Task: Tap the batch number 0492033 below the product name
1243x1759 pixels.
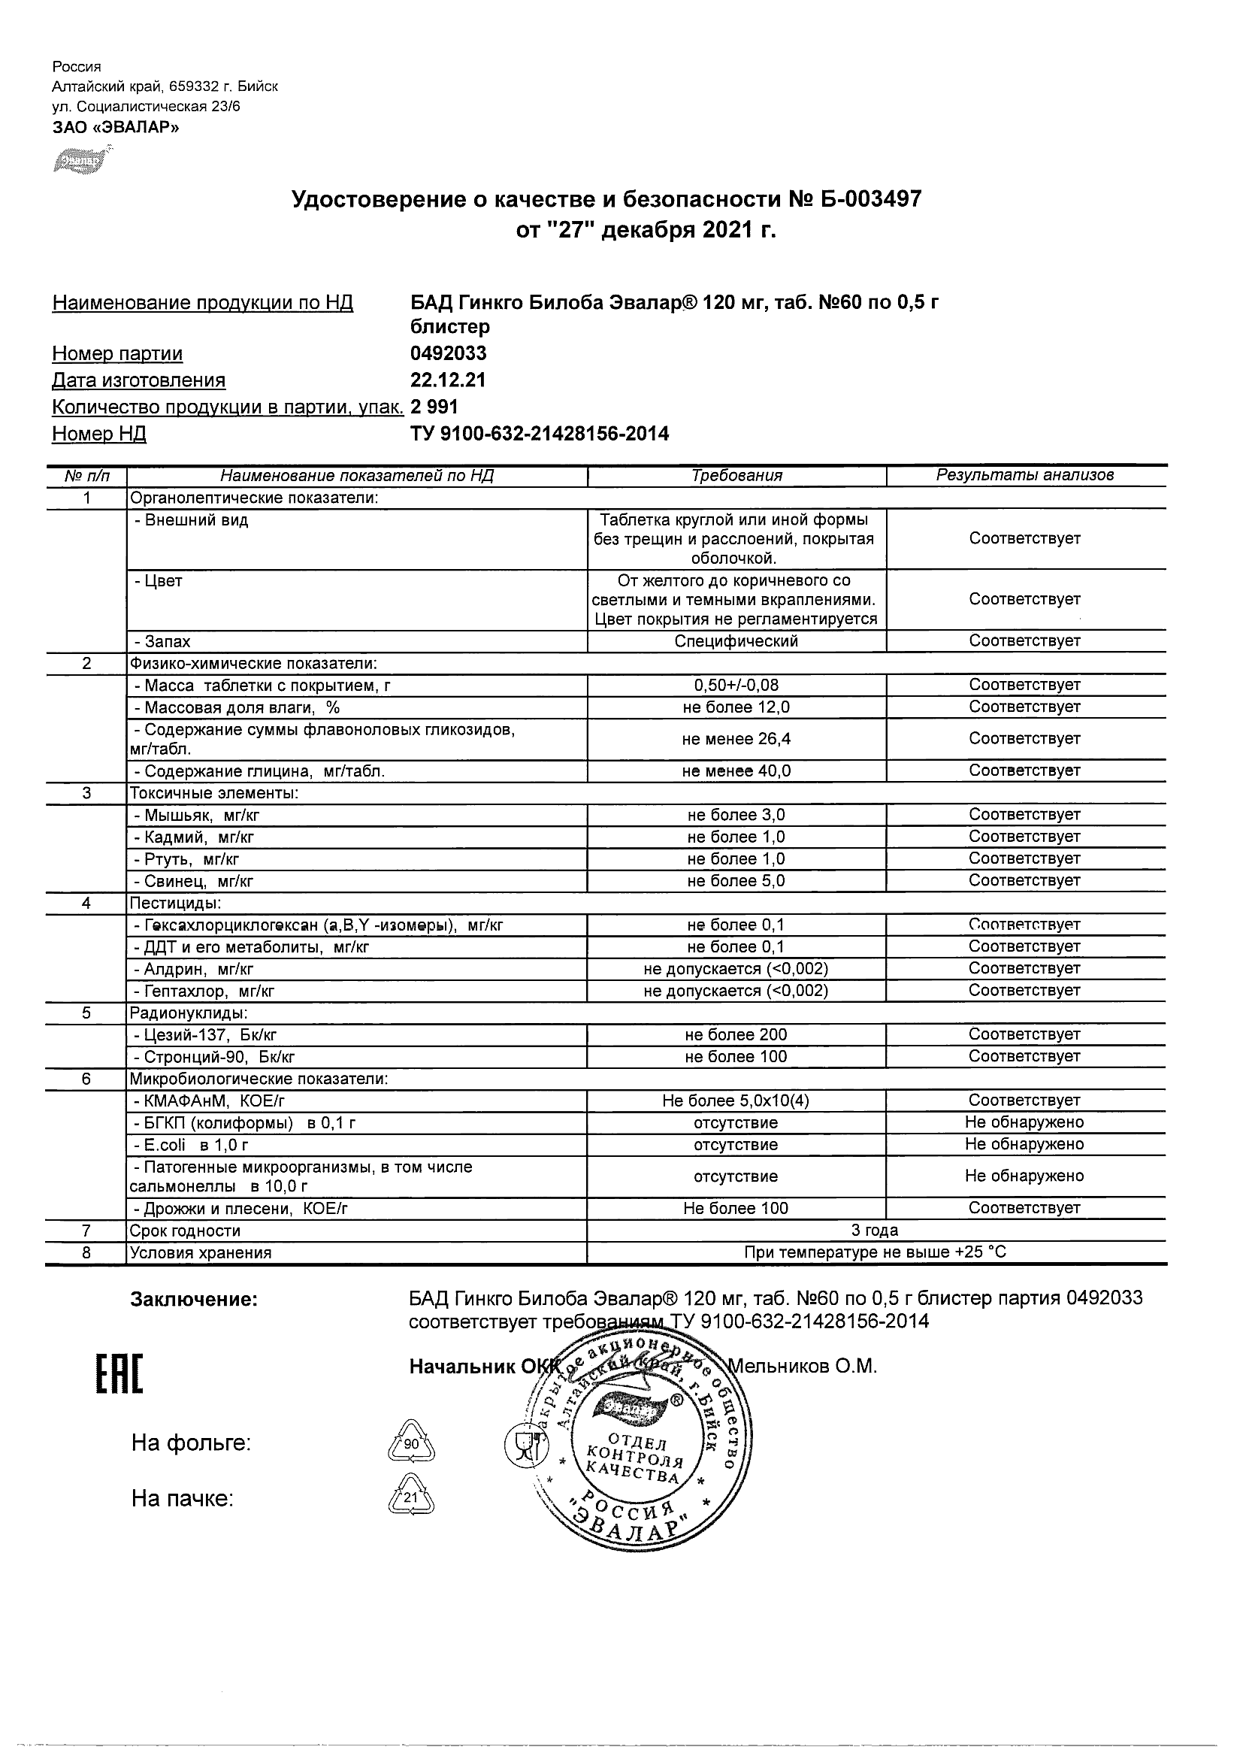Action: pyautogui.click(x=448, y=353)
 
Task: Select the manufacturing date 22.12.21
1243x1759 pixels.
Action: pyautogui.click(x=448, y=380)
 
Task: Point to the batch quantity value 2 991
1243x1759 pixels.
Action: pyautogui.click(x=434, y=407)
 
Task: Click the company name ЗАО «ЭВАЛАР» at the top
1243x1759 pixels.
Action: pyautogui.click(x=116, y=127)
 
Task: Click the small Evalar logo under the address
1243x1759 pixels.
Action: pyautogui.click(x=79, y=162)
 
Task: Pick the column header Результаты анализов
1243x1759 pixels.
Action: pyautogui.click(x=1025, y=475)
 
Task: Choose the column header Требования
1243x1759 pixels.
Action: pyautogui.click(x=736, y=476)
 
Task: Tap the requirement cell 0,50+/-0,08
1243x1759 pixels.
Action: pyautogui.click(x=736, y=685)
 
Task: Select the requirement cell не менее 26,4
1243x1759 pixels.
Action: pyautogui.click(x=736, y=738)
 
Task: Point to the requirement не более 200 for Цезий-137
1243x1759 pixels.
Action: pyautogui.click(x=736, y=1035)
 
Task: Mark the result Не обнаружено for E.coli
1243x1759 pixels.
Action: pyautogui.click(x=1025, y=1145)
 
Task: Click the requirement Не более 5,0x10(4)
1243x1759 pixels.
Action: pyautogui.click(x=736, y=1101)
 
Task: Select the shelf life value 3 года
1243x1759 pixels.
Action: pyautogui.click(x=876, y=1231)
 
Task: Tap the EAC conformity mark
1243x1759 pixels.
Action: pyautogui.click(x=119, y=1374)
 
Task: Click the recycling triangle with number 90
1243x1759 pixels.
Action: pyautogui.click(x=412, y=1444)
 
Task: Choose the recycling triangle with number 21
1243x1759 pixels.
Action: pyautogui.click(x=412, y=1497)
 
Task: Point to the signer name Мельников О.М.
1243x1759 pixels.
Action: pyautogui.click(x=801, y=1366)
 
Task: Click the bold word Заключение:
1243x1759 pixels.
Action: pyautogui.click(x=194, y=1300)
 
